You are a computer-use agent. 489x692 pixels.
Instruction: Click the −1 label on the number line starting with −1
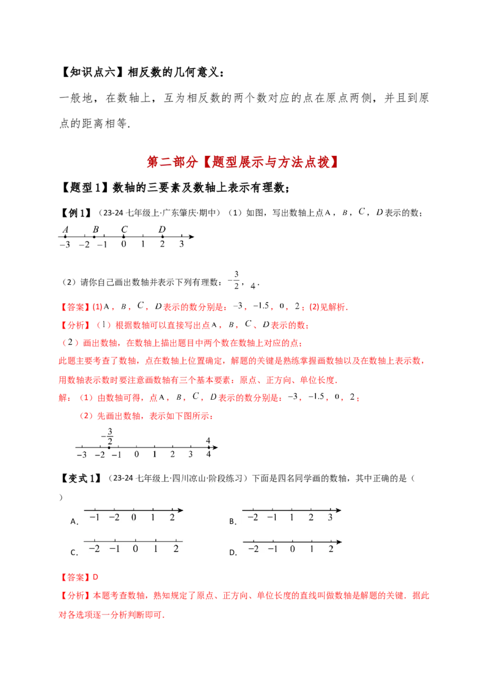pyautogui.click(x=94, y=518)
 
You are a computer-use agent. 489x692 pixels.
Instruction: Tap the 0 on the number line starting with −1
pyautogui.click(x=134, y=518)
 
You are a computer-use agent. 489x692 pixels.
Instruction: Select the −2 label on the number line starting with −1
pyautogui.click(x=114, y=518)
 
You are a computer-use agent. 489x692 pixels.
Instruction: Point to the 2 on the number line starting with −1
pyautogui.click(x=172, y=518)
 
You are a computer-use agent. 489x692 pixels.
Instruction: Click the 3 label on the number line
pyautogui.click(x=330, y=518)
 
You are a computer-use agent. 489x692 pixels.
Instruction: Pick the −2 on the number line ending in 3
pyautogui.click(x=252, y=518)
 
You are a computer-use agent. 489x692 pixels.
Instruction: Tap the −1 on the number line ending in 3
pyautogui.click(x=272, y=518)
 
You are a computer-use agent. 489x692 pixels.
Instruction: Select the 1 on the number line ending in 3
pyautogui.click(x=292, y=518)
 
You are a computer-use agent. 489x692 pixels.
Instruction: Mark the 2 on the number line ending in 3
pyautogui.click(x=311, y=518)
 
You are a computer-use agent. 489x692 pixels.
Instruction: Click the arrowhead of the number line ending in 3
pyautogui.click(x=338, y=509)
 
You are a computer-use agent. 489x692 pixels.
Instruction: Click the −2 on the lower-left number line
pyautogui.click(x=94, y=548)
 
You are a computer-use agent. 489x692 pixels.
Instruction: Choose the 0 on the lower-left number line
pyautogui.click(x=135, y=548)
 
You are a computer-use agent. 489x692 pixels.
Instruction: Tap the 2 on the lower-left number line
pyautogui.click(x=175, y=548)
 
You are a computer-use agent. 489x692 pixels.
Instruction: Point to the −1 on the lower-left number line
pyautogui.click(x=114, y=548)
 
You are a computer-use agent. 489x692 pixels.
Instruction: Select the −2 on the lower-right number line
pyautogui.click(x=252, y=548)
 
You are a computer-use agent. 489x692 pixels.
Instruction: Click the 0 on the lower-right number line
pyautogui.click(x=292, y=548)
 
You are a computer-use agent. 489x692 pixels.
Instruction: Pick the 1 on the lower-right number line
pyautogui.click(x=312, y=548)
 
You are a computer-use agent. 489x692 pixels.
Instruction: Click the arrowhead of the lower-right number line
pyautogui.click(x=339, y=541)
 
